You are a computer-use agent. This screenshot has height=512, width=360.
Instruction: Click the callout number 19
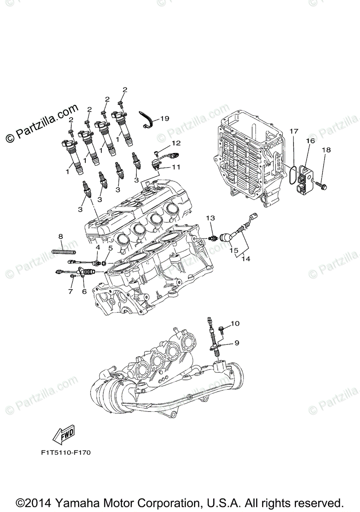click(165, 118)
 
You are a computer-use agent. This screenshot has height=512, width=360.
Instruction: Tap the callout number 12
click(176, 143)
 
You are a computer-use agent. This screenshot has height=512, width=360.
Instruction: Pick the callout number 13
click(210, 218)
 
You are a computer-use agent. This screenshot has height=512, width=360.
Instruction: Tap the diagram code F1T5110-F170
click(63, 451)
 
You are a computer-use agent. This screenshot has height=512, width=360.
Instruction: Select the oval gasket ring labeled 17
click(291, 175)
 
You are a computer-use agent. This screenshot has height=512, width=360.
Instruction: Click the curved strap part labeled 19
click(148, 119)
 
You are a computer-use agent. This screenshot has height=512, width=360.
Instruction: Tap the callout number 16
click(310, 140)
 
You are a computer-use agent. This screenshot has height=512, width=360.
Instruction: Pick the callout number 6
click(84, 291)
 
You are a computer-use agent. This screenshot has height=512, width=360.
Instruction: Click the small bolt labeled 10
click(222, 329)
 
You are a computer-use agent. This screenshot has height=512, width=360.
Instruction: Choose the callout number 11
click(176, 167)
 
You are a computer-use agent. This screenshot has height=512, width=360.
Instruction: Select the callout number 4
click(98, 247)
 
